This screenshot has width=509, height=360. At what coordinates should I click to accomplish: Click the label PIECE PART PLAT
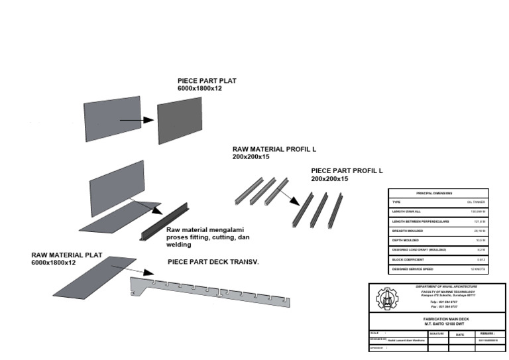pos(207,81)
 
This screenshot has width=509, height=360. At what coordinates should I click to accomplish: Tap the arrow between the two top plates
pos(137,120)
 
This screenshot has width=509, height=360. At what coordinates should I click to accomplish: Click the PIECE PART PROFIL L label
pos(347,171)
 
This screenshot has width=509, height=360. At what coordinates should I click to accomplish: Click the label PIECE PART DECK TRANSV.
pos(213,262)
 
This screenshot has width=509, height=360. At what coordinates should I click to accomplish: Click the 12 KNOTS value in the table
pos(478,269)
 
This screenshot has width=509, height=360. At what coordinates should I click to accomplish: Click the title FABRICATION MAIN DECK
pos(437,319)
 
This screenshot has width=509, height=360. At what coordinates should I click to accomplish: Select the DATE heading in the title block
pos(459,335)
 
